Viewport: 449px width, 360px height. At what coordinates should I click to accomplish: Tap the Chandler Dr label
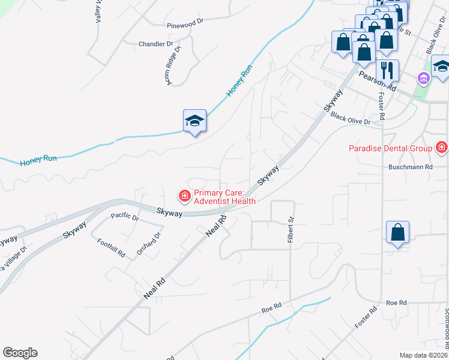[x=155, y=44]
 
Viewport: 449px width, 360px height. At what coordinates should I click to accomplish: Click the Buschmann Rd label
[x=411, y=166]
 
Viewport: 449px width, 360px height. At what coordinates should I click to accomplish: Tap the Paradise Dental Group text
[x=391, y=148]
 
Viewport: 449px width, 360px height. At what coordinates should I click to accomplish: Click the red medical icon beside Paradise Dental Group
[x=442, y=147]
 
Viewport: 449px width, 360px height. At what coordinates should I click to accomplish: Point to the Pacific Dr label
[x=124, y=217]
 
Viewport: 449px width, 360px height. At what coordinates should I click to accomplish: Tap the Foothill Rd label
[x=111, y=247]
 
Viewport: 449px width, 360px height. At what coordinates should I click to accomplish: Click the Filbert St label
[x=290, y=230]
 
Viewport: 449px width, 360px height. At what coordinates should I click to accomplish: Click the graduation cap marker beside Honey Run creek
[x=194, y=121]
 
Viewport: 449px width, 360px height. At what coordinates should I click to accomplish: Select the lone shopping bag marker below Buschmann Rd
[x=397, y=233]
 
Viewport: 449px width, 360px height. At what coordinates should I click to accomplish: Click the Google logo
[x=20, y=353]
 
